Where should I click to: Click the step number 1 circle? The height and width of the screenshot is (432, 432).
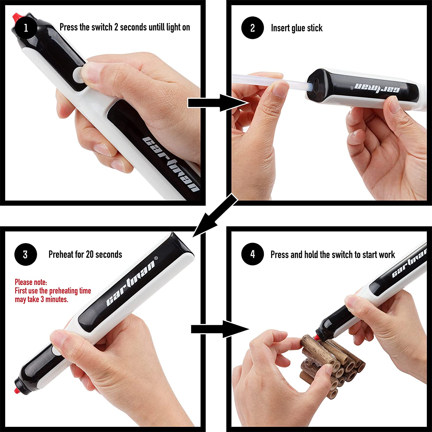26,28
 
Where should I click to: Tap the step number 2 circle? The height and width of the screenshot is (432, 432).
253,28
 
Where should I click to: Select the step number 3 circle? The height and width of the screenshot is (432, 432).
26,254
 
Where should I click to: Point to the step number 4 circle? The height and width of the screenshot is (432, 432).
253,254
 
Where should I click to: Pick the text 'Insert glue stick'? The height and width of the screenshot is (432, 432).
297,28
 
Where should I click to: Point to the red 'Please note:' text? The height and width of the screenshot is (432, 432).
31,282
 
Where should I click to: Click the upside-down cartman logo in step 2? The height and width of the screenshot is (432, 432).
377,88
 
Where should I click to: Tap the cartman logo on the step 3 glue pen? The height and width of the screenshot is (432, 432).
131,281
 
